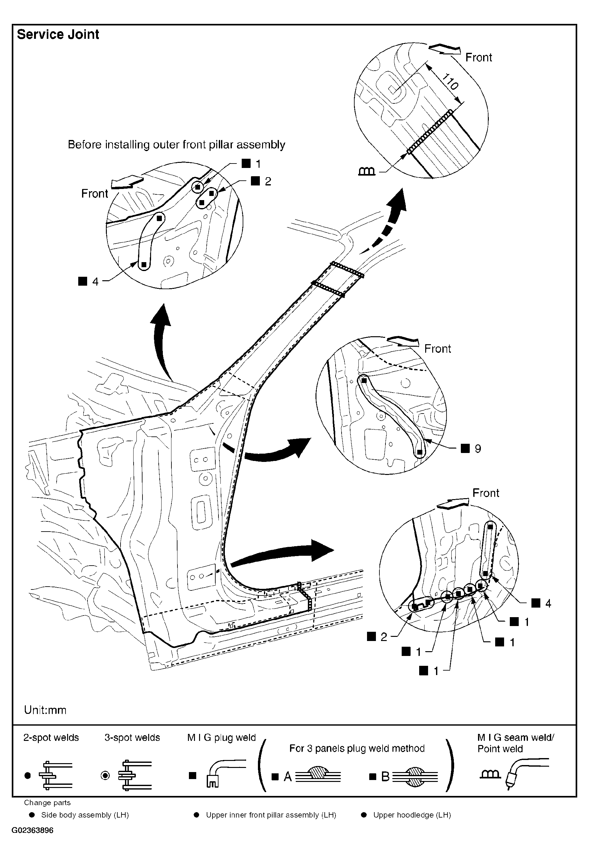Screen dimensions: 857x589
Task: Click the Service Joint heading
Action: point(58,34)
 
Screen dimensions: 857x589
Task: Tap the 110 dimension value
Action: point(450,82)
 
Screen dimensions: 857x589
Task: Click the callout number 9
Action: point(478,449)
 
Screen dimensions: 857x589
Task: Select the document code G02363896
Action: point(32,830)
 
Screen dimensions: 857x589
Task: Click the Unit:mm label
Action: point(45,710)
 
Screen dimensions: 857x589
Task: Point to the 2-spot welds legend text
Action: point(51,737)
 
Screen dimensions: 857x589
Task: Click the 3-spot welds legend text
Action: point(132,737)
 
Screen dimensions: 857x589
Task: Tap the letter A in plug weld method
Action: point(288,777)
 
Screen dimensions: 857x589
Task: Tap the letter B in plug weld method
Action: point(385,777)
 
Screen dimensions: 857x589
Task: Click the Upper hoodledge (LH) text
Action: point(412,815)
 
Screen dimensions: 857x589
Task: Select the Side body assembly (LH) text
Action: point(85,815)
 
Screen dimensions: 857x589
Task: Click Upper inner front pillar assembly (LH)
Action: point(271,815)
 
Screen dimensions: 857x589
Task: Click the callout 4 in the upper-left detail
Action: point(95,282)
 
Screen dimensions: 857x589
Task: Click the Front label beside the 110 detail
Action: point(478,58)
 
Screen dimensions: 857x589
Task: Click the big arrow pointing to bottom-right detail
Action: point(284,554)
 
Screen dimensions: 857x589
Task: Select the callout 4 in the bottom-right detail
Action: point(548,603)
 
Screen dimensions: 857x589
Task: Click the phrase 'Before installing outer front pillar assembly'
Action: point(177,145)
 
